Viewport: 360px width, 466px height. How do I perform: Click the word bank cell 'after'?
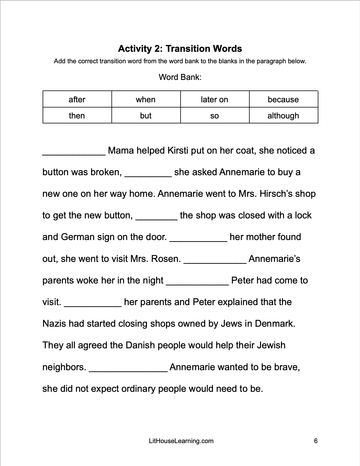pyautogui.click(x=77, y=99)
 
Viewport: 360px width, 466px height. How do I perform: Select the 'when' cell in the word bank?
pyautogui.click(x=146, y=99)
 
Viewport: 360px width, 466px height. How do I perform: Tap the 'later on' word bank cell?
pyautogui.click(x=214, y=99)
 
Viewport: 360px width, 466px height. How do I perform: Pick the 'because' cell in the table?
pyautogui.click(x=283, y=99)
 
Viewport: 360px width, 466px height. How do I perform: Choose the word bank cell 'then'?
pyautogui.click(x=77, y=115)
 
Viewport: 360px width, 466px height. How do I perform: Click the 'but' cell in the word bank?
pyautogui.click(x=146, y=115)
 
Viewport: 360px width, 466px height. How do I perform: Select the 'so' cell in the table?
pyautogui.click(x=214, y=115)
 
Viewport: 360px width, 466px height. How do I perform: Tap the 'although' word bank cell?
pyautogui.click(x=283, y=115)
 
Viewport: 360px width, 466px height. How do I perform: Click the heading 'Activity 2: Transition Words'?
pyautogui.click(x=180, y=49)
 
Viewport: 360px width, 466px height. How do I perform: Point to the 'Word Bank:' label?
pyautogui.click(x=180, y=77)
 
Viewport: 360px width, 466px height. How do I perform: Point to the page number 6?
pyautogui.click(x=316, y=441)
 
